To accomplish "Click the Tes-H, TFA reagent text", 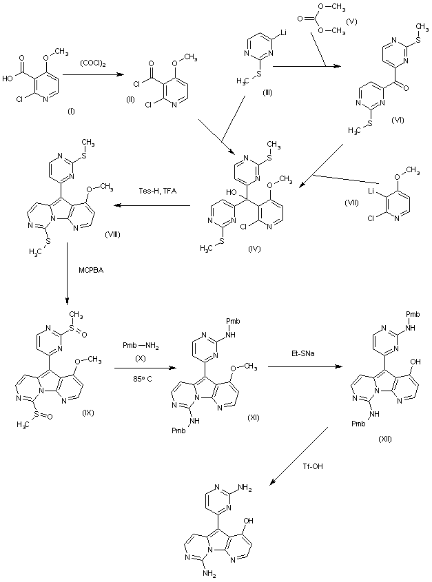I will tap(155, 190).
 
